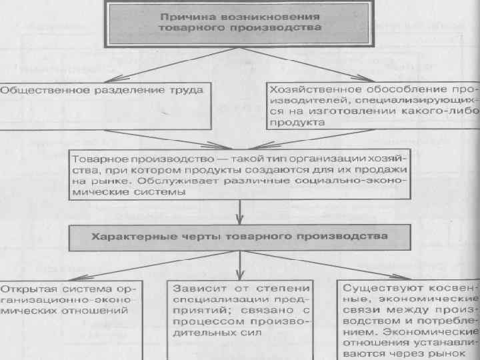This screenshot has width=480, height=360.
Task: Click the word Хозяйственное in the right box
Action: coord(307,88)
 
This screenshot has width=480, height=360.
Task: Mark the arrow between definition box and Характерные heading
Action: coord(239,213)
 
